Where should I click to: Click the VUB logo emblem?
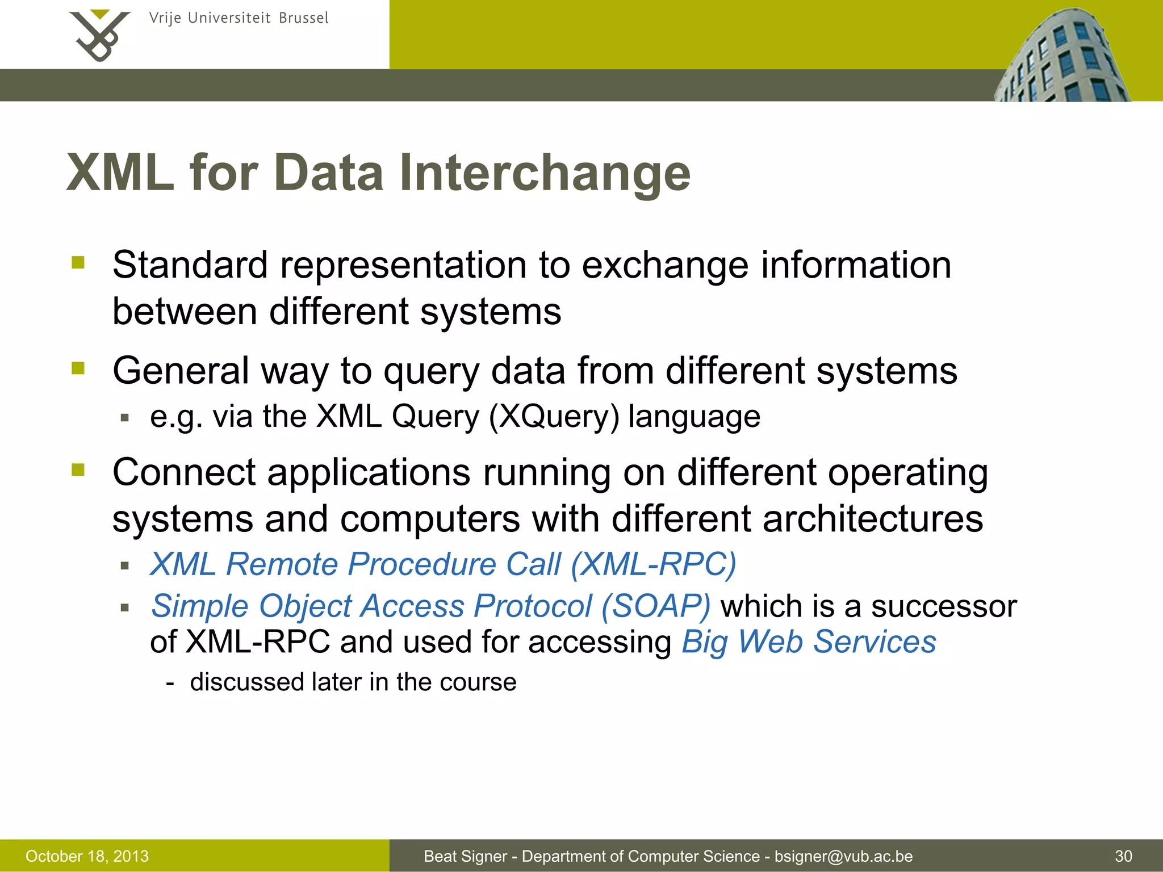pos(100,35)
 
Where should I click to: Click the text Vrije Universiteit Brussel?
pos(239,18)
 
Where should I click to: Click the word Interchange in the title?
pos(545,173)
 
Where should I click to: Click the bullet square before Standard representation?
pos(78,262)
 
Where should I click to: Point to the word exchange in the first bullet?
pos(665,265)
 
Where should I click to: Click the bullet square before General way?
pos(78,368)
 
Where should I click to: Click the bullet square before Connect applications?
pos(78,469)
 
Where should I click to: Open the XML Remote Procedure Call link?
pos(443,564)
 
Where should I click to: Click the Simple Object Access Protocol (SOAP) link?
pos(430,606)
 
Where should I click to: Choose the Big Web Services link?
pos(809,642)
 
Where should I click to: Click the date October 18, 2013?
pos(87,856)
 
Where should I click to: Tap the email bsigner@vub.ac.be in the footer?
pos(843,856)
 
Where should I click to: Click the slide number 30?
pos(1123,856)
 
